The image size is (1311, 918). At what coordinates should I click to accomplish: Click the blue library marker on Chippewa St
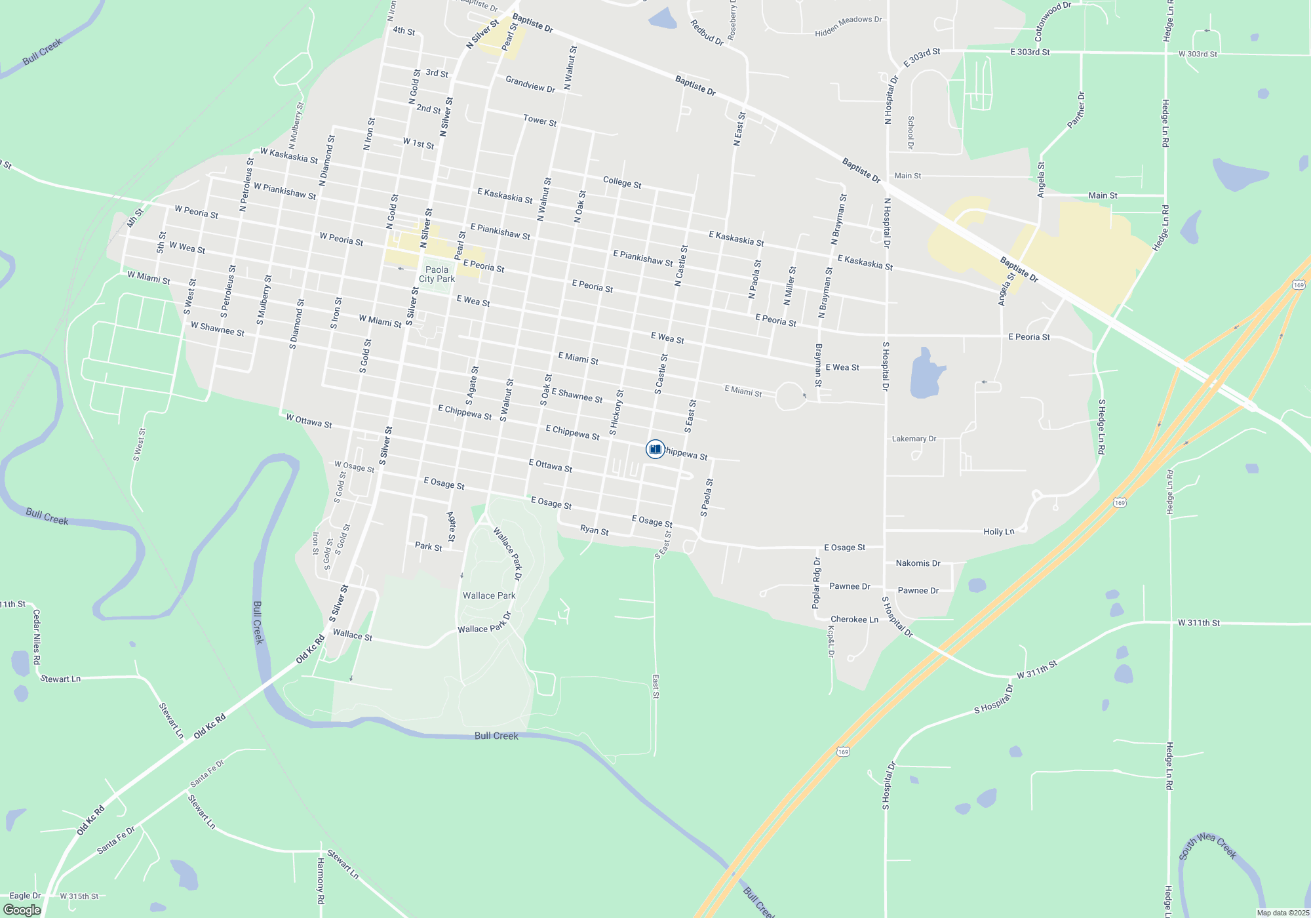(655, 449)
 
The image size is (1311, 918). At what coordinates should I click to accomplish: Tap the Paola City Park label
(437, 274)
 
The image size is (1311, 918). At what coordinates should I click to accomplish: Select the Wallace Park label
(489, 595)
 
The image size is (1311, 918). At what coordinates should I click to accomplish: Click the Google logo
(22, 910)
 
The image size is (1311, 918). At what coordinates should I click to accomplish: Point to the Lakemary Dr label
(914, 439)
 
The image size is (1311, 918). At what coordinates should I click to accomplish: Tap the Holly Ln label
(998, 532)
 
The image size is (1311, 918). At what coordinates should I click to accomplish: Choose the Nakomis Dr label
(918, 563)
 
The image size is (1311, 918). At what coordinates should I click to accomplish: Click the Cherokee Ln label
(854, 619)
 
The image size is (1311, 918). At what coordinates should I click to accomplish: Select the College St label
(622, 182)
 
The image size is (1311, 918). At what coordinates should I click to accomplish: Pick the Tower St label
(539, 121)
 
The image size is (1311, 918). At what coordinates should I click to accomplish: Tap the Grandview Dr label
(530, 85)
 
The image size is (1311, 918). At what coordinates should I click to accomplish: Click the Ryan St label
(594, 530)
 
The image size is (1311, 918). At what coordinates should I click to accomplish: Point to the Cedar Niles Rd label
(37, 637)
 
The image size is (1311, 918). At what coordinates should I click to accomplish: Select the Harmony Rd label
(321, 881)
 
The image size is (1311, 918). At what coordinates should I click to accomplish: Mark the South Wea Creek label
(1207, 846)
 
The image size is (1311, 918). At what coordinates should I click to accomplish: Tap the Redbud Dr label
(707, 32)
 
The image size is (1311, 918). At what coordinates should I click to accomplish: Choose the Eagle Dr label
(25, 896)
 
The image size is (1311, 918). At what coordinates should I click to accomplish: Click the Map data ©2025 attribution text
(1283, 913)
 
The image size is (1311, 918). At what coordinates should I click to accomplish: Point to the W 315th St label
(79, 896)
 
